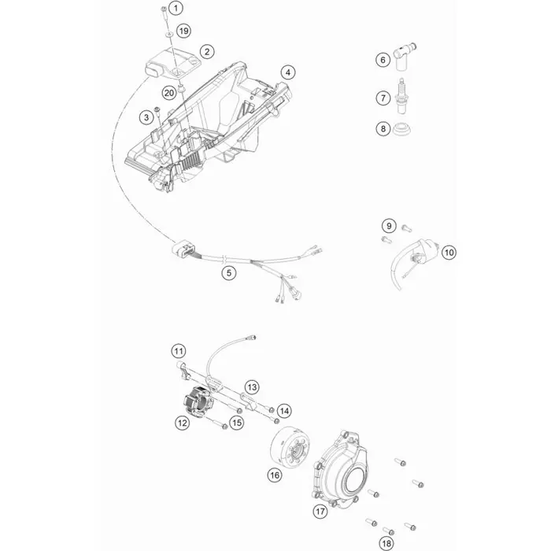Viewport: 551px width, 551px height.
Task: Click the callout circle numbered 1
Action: tap(176, 7)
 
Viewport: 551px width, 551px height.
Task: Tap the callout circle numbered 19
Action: tap(183, 31)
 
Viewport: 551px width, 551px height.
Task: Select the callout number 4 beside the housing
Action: tap(288, 72)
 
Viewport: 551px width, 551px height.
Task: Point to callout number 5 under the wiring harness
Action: tap(229, 272)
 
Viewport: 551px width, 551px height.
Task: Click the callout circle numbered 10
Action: tap(449, 253)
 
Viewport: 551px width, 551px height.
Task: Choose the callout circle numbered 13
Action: tap(252, 387)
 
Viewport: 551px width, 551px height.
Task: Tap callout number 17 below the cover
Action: tap(320, 511)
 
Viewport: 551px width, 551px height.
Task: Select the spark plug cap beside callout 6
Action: tap(404, 57)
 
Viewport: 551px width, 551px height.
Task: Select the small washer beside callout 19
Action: tap(169, 34)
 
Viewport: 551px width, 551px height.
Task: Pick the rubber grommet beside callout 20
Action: tap(182, 88)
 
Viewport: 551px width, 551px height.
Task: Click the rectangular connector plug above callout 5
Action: tap(181, 250)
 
